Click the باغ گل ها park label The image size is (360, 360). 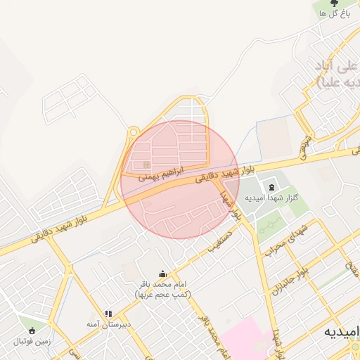click(333, 14)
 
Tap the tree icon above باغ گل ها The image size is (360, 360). click(333, 4)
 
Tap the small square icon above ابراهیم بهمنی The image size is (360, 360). click(146, 165)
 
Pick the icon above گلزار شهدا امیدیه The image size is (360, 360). click(271, 186)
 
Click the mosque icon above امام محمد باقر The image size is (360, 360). click(162, 274)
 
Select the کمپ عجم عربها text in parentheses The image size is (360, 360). click(162, 294)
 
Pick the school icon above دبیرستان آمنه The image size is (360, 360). click(108, 314)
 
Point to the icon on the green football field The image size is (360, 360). click(32, 330)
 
